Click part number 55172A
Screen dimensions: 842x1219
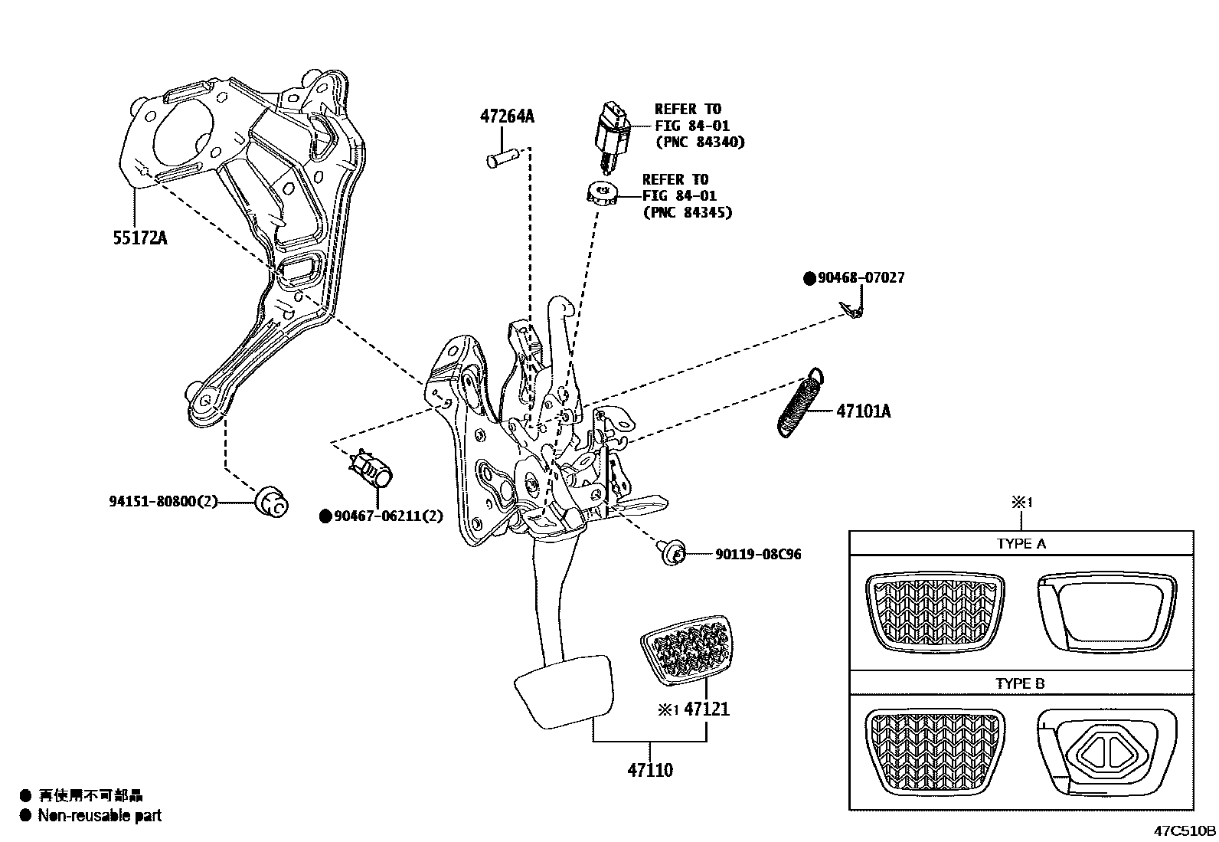140,238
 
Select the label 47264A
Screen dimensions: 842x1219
507,116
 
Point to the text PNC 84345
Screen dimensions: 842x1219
688,212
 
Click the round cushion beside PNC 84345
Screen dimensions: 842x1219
602,194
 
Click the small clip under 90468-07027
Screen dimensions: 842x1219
851,310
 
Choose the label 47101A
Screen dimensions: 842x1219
864,411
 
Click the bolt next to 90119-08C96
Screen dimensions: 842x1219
670,551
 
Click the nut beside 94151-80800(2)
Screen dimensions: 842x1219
270,502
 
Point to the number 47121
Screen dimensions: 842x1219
707,709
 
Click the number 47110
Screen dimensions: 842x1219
650,770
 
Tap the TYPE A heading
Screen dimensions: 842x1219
1021,544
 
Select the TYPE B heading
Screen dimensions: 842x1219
1021,683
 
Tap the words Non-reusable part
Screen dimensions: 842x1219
100,816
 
